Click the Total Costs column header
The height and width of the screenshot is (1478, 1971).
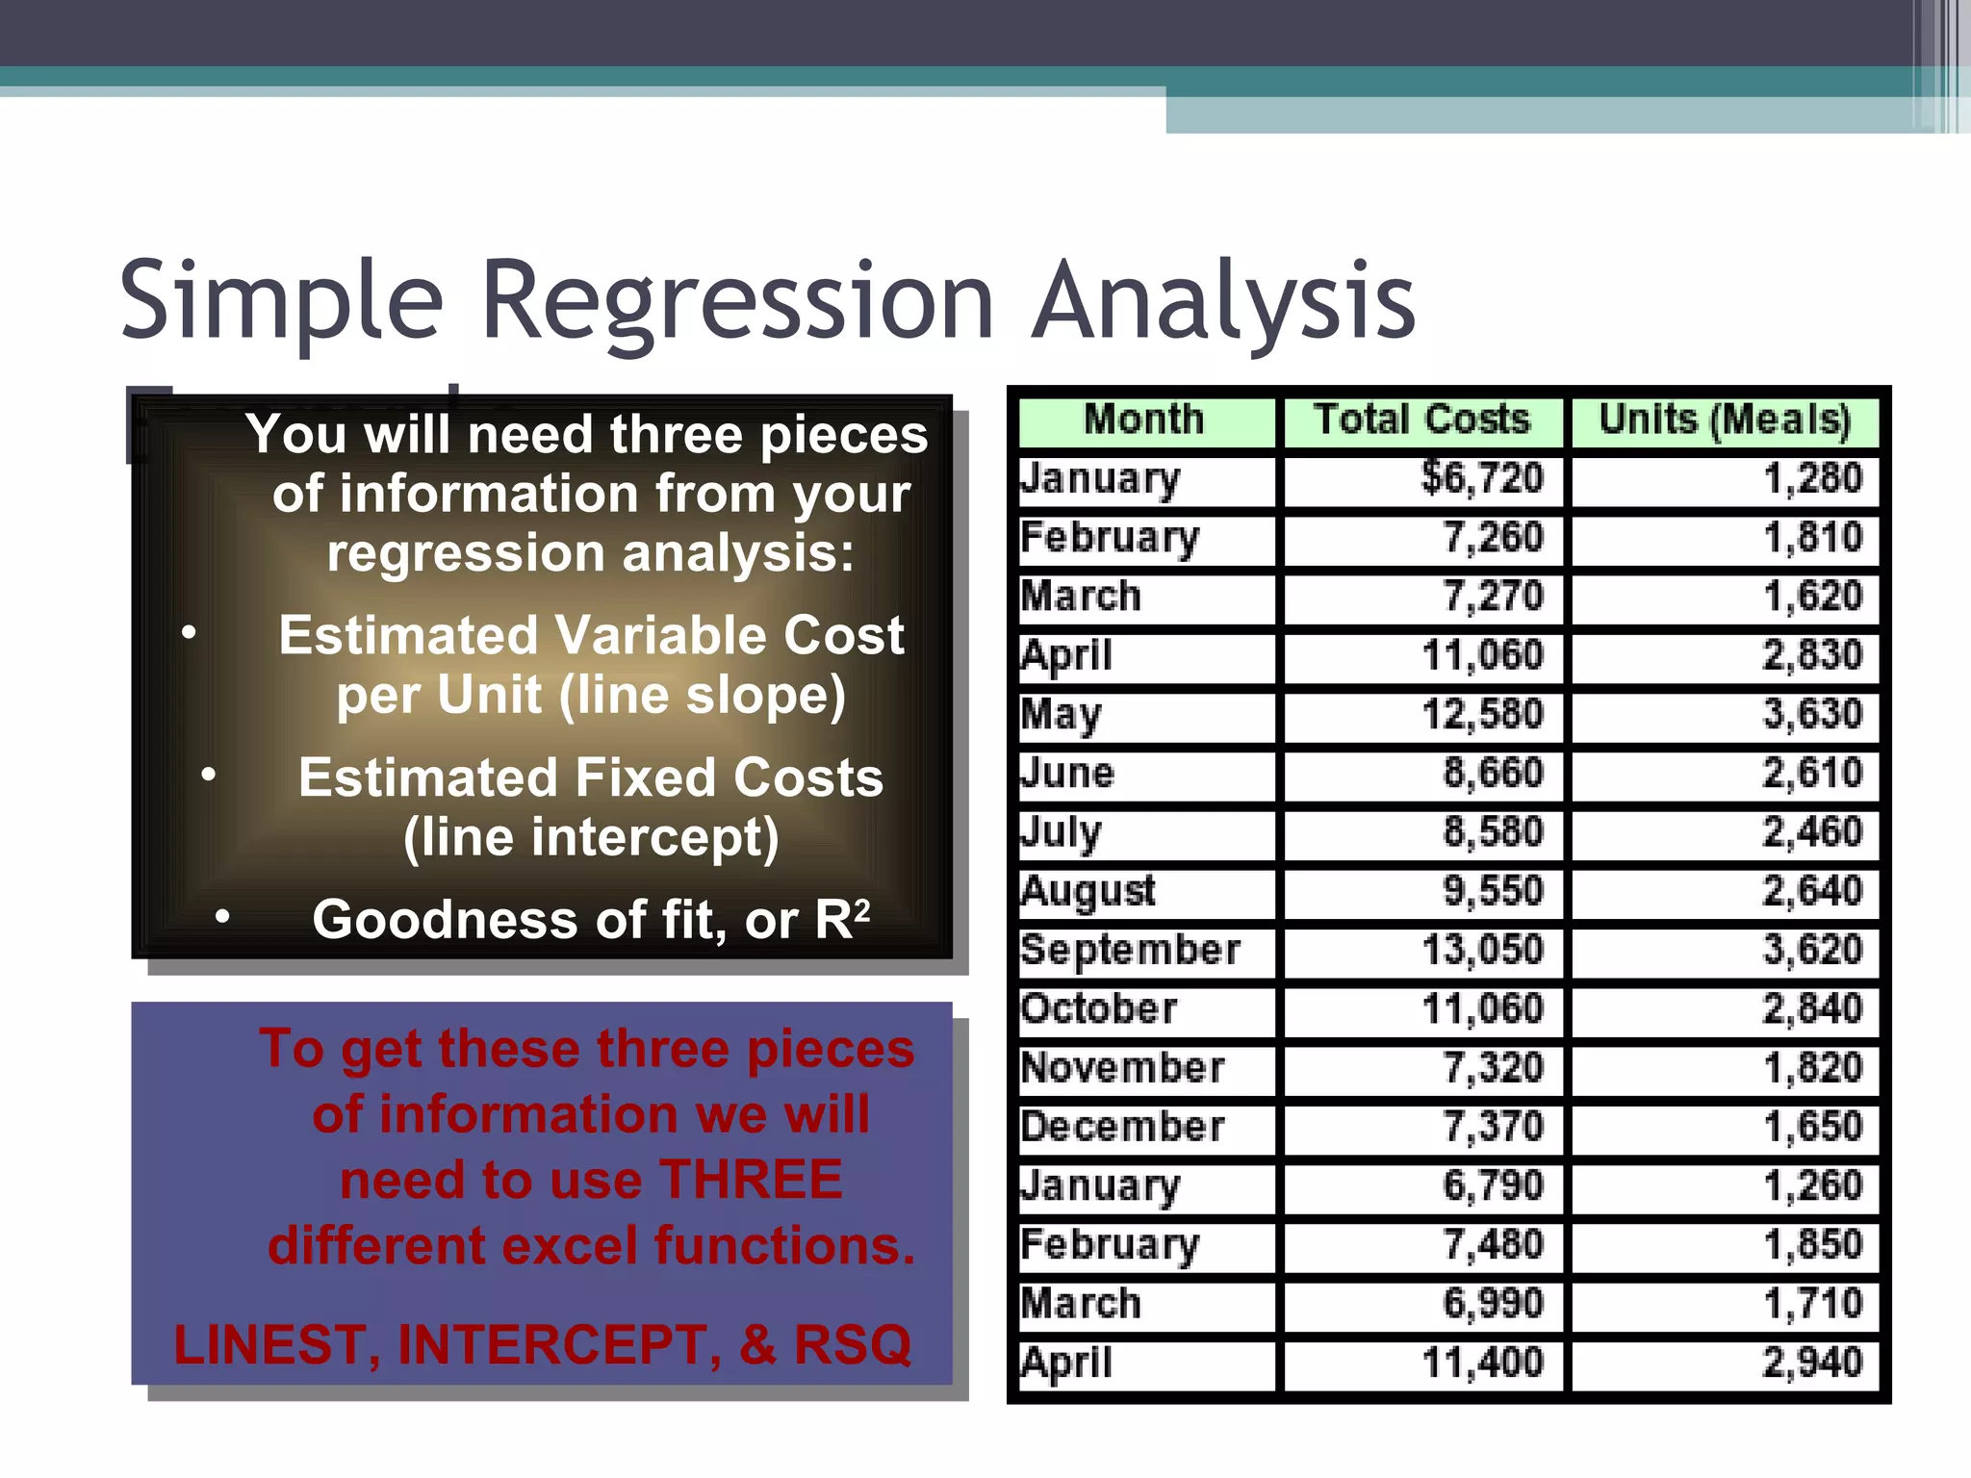click(1421, 420)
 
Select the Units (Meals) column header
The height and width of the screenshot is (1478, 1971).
click(1724, 420)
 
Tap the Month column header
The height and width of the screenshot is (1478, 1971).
click(1143, 420)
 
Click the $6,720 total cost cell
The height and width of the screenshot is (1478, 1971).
click(1482, 479)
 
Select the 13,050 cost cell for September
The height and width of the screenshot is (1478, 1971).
click(1482, 951)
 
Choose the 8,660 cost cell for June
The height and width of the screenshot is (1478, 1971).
click(1492, 774)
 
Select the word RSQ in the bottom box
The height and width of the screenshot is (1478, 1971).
click(852, 1345)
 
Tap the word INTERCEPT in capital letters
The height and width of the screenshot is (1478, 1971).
click(558, 1345)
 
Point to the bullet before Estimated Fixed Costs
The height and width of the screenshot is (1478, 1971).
click(209, 775)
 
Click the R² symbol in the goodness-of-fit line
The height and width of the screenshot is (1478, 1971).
click(842, 918)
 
